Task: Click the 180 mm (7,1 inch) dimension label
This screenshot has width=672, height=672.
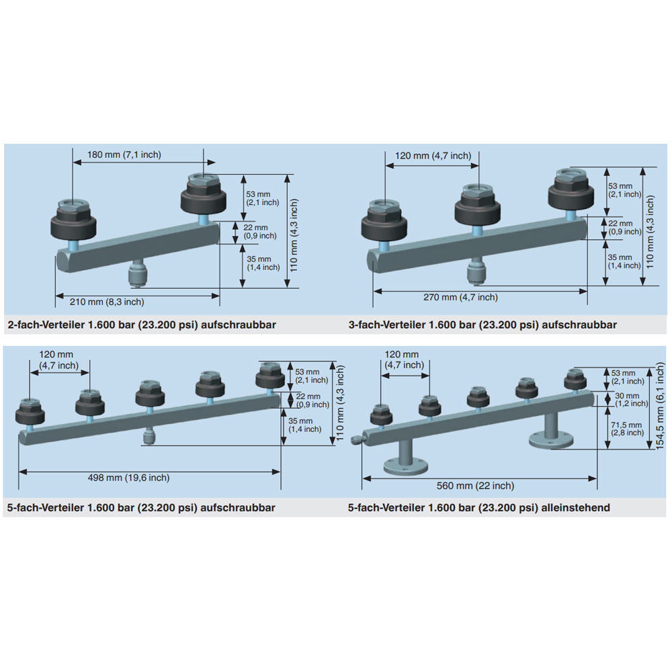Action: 124,155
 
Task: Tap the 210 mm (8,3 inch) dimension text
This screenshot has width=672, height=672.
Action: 107,302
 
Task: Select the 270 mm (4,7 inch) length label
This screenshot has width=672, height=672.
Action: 461,297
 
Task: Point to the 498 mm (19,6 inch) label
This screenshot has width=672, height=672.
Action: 128,477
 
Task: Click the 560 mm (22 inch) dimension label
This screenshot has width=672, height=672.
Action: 475,486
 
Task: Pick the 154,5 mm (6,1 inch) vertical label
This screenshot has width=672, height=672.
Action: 660,406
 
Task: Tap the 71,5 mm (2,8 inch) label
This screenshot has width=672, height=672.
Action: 627,429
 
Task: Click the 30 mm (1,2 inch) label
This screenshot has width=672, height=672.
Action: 631,399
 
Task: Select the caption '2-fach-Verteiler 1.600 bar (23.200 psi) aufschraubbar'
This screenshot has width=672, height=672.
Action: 142,325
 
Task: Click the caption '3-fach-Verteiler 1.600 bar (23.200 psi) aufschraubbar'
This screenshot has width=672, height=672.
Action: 482,325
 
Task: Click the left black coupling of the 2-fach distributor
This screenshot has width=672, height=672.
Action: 73,220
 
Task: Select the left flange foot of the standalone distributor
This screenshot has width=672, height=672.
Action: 405,458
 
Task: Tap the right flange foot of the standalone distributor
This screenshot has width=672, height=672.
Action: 551,431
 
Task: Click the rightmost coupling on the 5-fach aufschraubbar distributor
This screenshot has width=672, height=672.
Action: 270,376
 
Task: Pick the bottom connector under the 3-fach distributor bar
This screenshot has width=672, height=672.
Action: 476,270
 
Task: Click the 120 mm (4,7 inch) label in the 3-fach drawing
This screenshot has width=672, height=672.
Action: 433,156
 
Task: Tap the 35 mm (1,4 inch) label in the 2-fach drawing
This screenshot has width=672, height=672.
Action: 263,263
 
